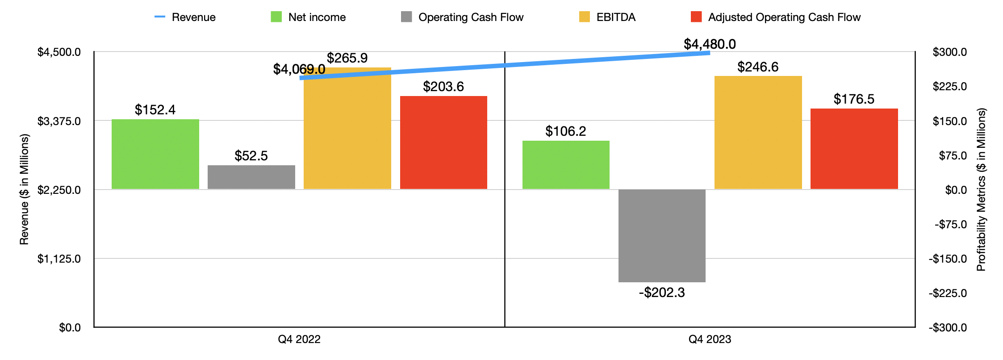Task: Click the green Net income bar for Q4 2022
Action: click(x=155, y=154)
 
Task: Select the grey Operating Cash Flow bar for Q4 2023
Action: click(x=662, y=235)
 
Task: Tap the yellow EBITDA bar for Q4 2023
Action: click(x=758, y=133)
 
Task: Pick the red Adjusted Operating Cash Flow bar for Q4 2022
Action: click(x=443, y=142)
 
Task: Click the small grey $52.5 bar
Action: click(x=251, y=177)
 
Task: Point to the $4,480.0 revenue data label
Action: click(x=710, y=44)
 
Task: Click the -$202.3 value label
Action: click(x=662, y=293)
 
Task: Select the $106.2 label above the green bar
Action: click(x=565, y=131)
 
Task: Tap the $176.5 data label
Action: click(x=854, y=99)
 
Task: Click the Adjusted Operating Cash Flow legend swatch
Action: click(x=696, y=17)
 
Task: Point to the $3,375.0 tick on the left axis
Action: click(x=59, y=121)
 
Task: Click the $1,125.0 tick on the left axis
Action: click(x=59, y=259)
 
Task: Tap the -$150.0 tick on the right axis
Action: click(x=948, y=259)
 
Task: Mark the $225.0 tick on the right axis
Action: click(x=949, y=86)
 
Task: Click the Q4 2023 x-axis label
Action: click(x=710, y=339)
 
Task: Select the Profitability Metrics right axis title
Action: click(x=981, y=190)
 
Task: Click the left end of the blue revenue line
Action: click(x=301, y=78)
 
